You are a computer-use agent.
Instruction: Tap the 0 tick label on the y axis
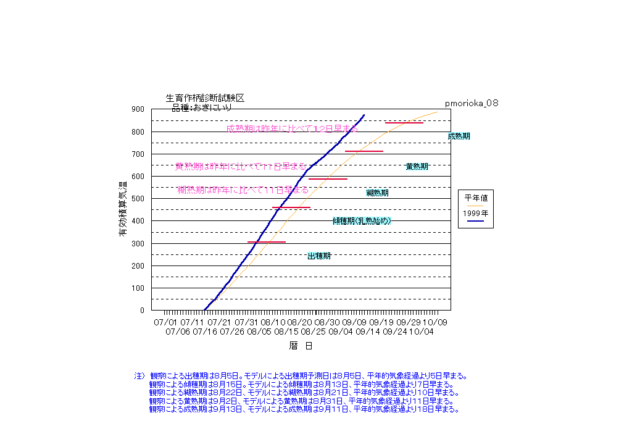142,311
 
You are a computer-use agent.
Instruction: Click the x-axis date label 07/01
165,322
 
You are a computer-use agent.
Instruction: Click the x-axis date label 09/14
368,332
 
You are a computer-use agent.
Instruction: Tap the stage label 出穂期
319,256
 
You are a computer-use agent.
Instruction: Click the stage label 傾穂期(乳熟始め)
362,220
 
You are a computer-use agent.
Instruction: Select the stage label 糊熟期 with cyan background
377,193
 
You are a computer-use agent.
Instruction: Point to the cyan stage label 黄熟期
417,166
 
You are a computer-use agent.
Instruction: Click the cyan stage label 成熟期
459,136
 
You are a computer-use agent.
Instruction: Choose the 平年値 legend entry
476,198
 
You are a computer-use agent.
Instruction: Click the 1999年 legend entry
476,214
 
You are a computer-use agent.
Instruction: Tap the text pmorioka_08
472,103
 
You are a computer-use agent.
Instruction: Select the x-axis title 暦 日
301,346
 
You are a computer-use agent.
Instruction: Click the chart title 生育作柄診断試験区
206,98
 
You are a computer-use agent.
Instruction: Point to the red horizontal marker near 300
267,242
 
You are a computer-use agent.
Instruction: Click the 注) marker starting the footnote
139,375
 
